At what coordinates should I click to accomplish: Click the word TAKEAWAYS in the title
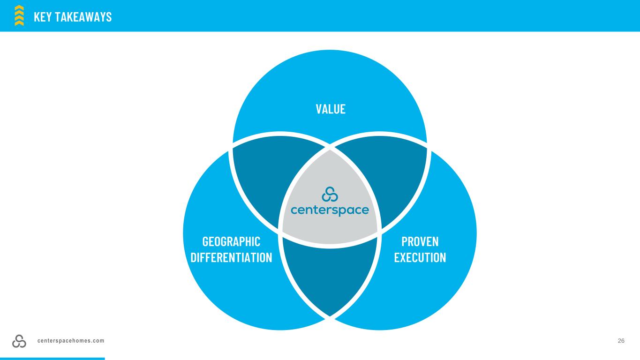tap(83, 17)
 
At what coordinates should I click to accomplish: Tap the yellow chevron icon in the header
tap(19, 15)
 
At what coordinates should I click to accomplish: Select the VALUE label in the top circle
tap(331, 109)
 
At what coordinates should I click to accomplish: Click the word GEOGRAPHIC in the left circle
tap(231, 241)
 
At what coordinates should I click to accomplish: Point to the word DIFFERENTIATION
tap(231, 257)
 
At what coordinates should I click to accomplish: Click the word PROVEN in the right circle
tap(420, 241)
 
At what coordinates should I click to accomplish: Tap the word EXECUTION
tap(420, 257)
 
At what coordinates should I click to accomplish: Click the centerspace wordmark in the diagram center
tap(330, 210)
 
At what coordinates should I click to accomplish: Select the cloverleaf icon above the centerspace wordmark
tap(330, 194)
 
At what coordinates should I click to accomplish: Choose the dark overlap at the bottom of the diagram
tap(330, 277)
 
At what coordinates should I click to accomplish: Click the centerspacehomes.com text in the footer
tap(71, 341)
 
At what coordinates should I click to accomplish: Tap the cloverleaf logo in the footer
tap(19, 341)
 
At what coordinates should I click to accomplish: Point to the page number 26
tap(621, 341)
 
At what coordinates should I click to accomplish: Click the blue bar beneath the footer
tap(52, 359)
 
